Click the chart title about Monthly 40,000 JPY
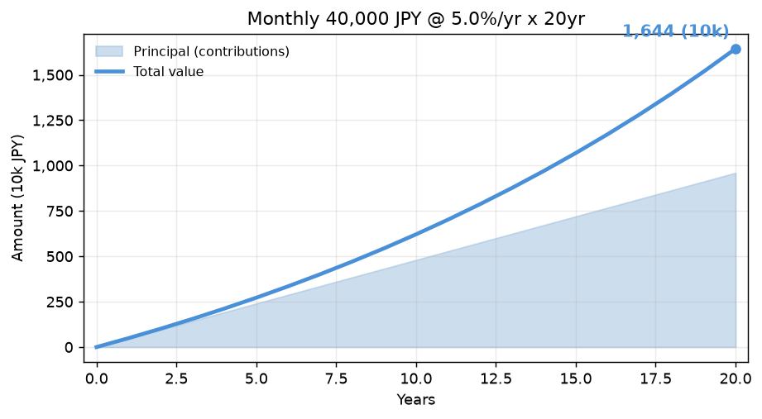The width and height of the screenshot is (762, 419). (x=416, y=19)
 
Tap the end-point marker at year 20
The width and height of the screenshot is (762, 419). (x=736, y=49)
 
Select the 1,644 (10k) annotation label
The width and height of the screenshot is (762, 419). (x=675, y=31)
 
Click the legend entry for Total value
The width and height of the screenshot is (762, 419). (x=168, y=71)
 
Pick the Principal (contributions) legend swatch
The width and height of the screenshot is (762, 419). (x=109, y=51)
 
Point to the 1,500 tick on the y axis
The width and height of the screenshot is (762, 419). (x=52, y=75)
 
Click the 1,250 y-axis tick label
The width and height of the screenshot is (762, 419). (x=52, y=121)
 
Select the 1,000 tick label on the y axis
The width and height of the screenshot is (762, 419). (x=52, y=166)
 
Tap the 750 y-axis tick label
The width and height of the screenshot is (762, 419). (x=60, y=212)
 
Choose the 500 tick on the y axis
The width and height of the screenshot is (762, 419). (x=60, y=257)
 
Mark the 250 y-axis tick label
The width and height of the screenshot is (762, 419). (x=60, y=302)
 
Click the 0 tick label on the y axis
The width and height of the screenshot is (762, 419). (x=69, y=348)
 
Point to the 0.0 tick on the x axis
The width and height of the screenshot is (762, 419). (x=97, y=379)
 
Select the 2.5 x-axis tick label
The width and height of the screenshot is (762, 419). (x=176, y=379)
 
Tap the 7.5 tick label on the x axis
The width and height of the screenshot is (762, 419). (x=336, y=379)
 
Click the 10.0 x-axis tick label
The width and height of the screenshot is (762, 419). (x=416, y=379)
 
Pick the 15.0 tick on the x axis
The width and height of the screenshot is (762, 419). (x=576, y=379)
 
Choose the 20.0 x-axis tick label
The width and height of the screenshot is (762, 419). (x=736, y=379)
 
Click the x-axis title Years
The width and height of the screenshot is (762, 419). (x=416, y=400)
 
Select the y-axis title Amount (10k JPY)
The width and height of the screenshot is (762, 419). (x=17, y=198)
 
